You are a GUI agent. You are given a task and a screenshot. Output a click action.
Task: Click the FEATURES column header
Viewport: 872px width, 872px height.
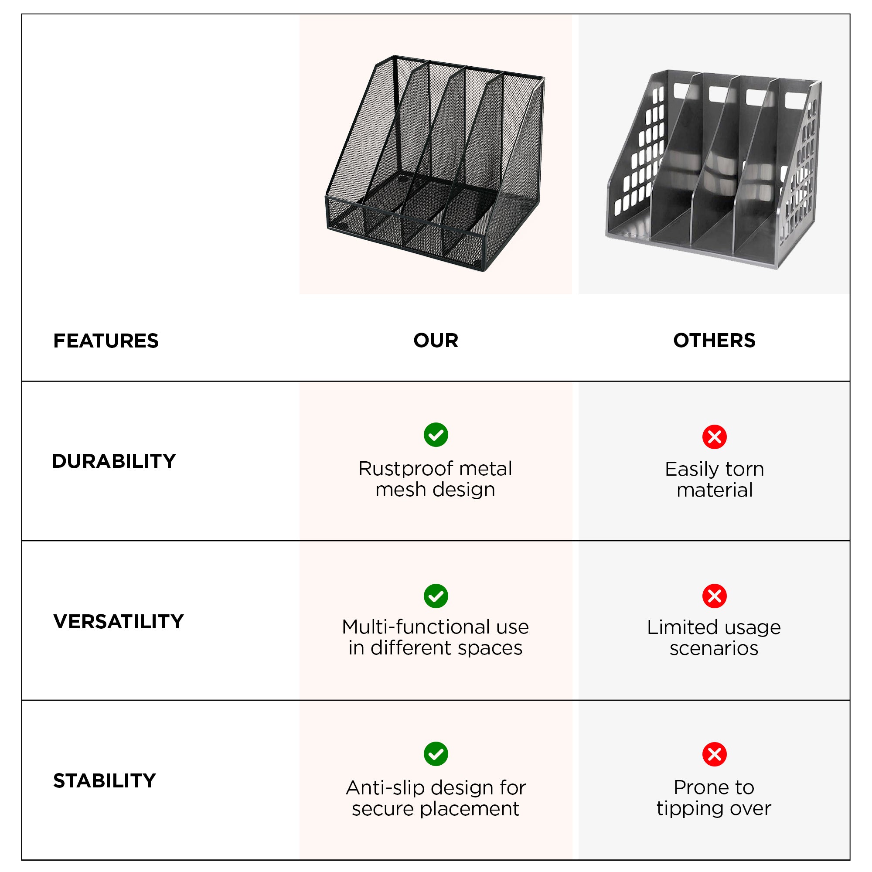(x=106, y=341)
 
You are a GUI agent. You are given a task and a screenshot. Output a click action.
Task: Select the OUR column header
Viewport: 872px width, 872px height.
(x=436, y=341)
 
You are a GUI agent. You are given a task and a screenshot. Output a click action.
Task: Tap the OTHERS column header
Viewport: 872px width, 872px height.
(x=714, y=341)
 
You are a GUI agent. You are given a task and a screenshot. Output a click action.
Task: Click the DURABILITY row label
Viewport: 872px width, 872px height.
(x=114, y=461)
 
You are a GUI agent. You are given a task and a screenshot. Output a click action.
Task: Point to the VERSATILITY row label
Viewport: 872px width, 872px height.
(x=119, y=621)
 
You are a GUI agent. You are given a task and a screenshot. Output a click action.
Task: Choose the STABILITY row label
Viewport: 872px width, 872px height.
(x=105, y=781)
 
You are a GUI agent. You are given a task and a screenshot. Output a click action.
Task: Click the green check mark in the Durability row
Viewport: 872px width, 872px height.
(x=436, y=435)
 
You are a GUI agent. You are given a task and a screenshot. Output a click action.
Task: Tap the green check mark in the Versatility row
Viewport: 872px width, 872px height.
(x=436, y=596)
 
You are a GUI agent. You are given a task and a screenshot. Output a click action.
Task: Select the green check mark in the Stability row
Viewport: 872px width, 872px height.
(x=436, y=754)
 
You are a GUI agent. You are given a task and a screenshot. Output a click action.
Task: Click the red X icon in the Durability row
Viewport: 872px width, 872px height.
(x=715, y=437)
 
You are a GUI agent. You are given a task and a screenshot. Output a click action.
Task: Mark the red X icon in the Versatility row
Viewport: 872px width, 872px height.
(x=715, y=596)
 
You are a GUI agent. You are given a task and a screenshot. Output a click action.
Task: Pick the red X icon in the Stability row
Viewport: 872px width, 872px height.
(x=715, y=754)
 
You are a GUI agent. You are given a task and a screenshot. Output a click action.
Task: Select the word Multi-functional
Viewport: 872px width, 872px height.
(x=415, y=627)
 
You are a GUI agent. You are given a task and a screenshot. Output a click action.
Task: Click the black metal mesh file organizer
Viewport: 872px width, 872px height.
(x=435, y=163)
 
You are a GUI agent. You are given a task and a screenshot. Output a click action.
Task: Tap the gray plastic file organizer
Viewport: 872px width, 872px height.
(x=713, y=169)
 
